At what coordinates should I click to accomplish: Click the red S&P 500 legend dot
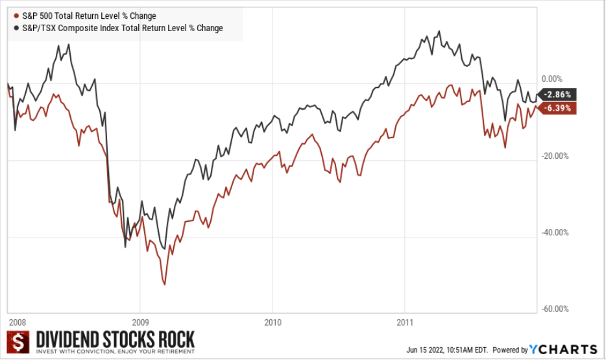point(16,16)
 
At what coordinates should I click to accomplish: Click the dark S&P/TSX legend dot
point(16,28)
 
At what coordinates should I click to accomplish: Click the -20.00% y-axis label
point(555,156)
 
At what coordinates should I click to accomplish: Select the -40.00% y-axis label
point(555,232)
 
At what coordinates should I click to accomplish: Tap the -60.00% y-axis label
point(555,309)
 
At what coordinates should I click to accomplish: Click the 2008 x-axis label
point(17,322)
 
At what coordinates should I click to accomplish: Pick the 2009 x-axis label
point(140,322)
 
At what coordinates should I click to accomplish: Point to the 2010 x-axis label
point(273,322)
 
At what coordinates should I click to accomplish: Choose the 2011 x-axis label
point(404,322)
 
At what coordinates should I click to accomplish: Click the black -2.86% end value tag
point(558,95)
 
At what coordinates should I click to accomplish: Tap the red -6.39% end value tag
point(558,108)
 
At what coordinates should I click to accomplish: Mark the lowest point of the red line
point(165,284)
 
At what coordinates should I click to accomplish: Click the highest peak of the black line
point(439,30)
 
